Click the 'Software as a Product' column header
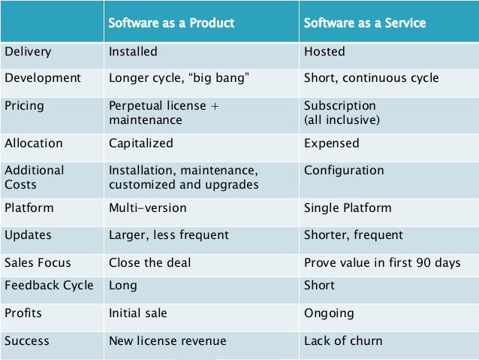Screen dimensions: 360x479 pos(172,23)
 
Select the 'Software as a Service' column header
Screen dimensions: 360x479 pos(364,23)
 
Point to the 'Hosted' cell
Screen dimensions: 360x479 pos(324,53)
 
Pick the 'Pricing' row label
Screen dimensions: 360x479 pos(25,105)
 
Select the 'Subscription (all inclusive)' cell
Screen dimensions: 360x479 pos(341,112)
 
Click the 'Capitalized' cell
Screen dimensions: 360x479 pos(141,144)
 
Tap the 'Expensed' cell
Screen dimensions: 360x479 pos(331,144)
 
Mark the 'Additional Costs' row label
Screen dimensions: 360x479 pos(35,177)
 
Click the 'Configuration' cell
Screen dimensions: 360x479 pos(344,171)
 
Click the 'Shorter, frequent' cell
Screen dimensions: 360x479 pos(354,235)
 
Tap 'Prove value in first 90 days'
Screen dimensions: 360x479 pos(382,263)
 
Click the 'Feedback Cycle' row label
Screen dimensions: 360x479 pos(49,286)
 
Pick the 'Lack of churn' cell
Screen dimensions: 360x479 pos(343,341)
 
